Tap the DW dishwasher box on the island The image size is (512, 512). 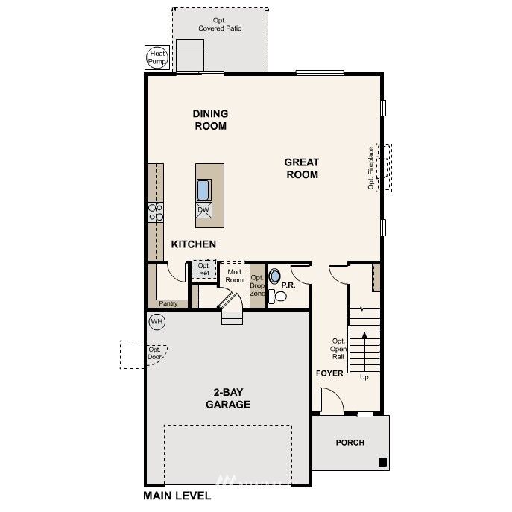point(203,210)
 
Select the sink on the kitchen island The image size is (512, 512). point(203,190)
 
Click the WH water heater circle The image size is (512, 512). point(157,321)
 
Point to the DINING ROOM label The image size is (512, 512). point(210,120)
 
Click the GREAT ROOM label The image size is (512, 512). point(301,168)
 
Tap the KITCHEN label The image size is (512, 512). point(194,244)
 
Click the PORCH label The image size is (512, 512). point(350,443)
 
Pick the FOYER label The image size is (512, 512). point(329,373)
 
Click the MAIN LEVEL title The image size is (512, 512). point(177,496)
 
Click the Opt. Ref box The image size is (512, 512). point(203,269)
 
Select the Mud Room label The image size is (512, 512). point(235,276)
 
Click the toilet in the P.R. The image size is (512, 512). point(279,296)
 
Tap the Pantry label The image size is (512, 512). point(168,303)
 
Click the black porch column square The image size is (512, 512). point(382,461)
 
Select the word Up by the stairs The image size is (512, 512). point(364,377)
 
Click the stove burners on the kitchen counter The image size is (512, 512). point(154,212)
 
